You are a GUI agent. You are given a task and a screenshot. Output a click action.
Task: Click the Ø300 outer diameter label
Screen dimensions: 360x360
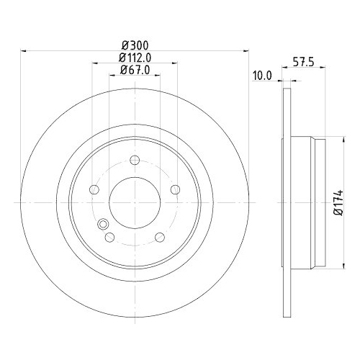point(135,45)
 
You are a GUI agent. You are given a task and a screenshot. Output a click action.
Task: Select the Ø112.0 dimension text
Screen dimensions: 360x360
point(135,58)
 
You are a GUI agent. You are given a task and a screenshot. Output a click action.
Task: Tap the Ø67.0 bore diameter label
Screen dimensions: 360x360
point(135,70)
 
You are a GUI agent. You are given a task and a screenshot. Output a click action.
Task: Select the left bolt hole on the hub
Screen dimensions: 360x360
point(94,190)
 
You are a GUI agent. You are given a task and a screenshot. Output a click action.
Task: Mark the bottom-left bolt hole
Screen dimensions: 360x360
point(109,238)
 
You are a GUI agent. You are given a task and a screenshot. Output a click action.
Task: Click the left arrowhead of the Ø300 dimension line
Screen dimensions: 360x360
point(24,51)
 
